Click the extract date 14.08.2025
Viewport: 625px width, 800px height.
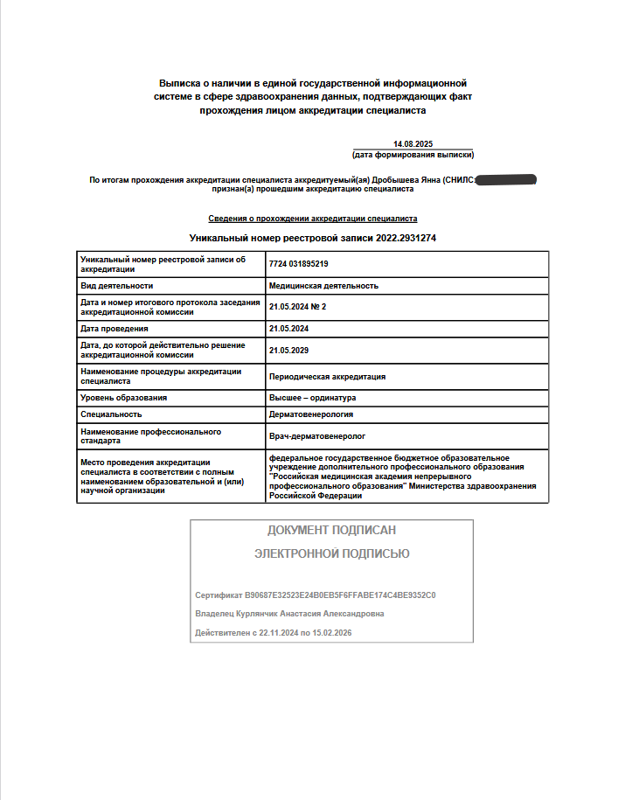[x=413, y=143]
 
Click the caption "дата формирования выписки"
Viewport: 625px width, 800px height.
[x=413, y=155]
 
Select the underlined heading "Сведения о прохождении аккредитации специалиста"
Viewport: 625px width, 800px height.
[x=312, y=219]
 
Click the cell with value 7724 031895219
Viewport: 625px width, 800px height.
[x=299, y=264]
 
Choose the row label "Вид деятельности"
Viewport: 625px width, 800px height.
[x=116, y=286]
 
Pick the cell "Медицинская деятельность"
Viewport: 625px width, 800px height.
[x=323, y=286]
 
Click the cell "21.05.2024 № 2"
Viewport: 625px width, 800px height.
[x=298, y=307]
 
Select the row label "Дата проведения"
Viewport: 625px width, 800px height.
[x=114, y=328]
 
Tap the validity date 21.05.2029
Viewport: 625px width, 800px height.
[x=289, y=350]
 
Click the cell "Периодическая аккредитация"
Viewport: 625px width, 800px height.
[x=327, y=377]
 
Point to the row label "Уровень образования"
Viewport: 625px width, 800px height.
[x=123, y=398]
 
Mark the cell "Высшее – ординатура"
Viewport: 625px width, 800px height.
[x=312, y=398]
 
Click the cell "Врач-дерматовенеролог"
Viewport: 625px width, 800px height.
[x=316, y=435]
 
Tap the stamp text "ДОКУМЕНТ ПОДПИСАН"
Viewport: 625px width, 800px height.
[x=331, y=530]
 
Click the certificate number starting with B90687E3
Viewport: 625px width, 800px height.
[x=340, y=595]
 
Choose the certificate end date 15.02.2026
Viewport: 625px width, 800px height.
[x=325, y=632]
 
